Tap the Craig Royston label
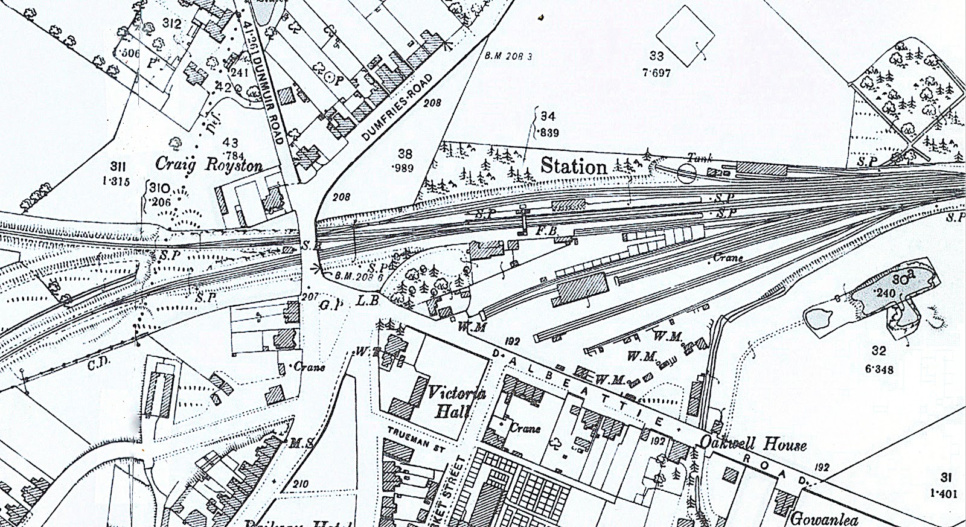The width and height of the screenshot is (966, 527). coord(209,164)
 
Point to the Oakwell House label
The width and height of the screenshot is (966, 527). coord(753,444)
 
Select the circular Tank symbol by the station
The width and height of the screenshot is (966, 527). coord(686,174)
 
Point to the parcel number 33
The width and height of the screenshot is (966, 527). coord(656,57)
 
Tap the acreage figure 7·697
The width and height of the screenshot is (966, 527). coord(656,73)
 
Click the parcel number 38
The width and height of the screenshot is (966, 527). coord(405,153)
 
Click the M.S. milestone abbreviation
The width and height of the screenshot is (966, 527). coord(300,444)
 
